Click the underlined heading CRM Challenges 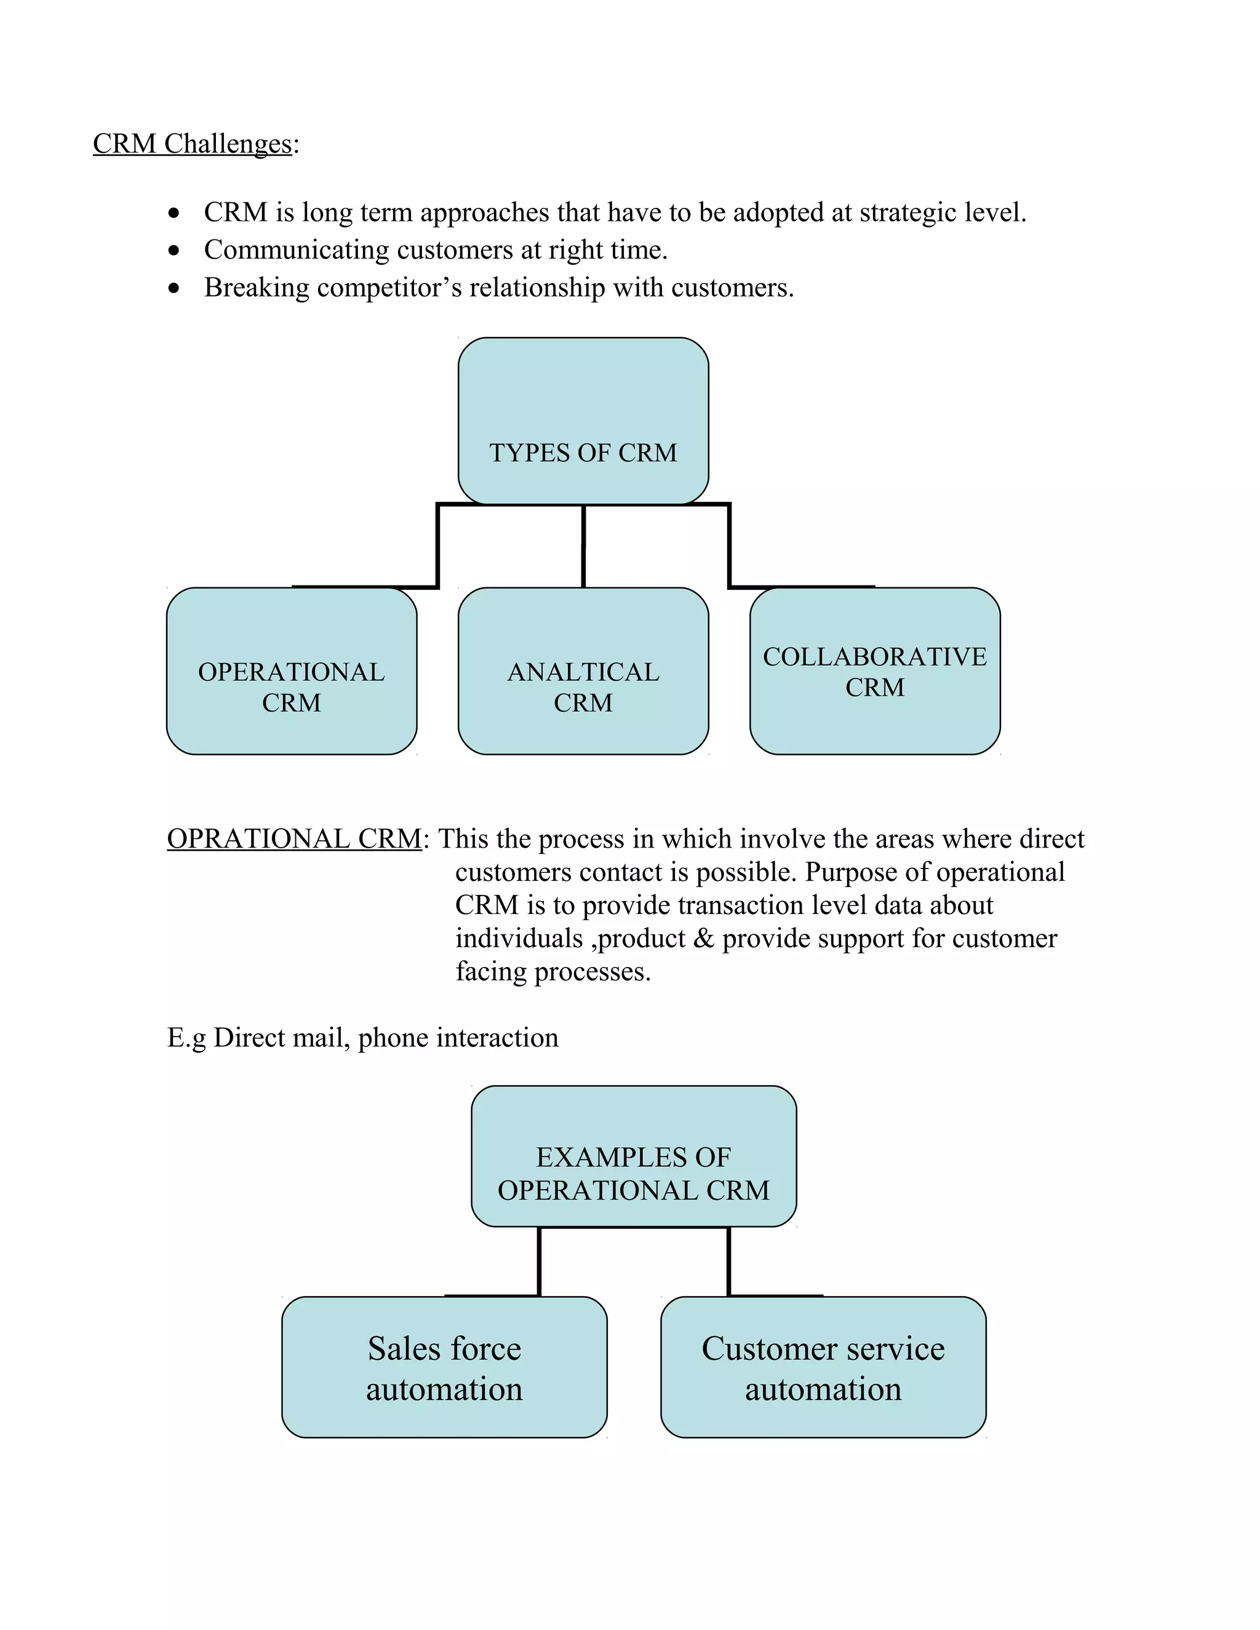(192, 143)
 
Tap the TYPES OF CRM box (583, 421)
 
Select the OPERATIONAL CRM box (291, 671)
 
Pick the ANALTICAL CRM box (583, 671)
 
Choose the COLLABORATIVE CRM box (874, 671)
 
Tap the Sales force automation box (444, 1367)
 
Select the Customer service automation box (823, 1367)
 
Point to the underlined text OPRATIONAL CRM (294, 839)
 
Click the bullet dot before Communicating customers (174, 251)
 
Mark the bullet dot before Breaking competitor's (174, 288)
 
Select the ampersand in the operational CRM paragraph (703, 938)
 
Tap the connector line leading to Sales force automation (539, 1262)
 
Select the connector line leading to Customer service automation (728, 1262)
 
